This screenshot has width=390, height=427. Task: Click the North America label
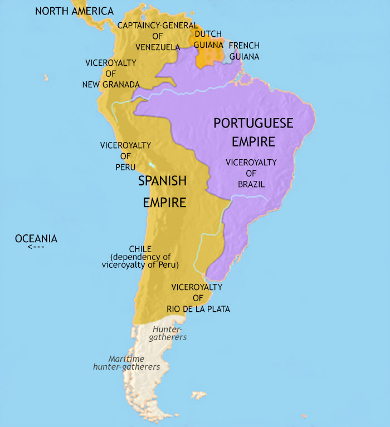(x=74, y=11)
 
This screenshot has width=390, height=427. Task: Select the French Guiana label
(x=244, y=51)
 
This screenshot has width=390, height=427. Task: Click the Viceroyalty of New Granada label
(x=111, y=73)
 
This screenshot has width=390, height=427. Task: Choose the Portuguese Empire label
(x=253, y=132)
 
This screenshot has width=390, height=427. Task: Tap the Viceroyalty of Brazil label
(x=251, y=173)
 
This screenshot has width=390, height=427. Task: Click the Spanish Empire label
(x=162, y=192)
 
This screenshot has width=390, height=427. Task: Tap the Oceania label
(x=36, y=239)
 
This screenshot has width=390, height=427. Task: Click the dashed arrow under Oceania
(x=35, y=247)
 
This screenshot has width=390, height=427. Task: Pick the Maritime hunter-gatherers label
(x=126, y=363)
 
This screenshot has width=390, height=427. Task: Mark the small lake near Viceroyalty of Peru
(x=152, y=165)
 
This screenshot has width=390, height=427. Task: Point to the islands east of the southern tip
(x=199, y=395)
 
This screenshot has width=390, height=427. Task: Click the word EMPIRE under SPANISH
(x=164, y=203)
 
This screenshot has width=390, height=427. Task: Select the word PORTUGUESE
(x=253, y=124)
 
